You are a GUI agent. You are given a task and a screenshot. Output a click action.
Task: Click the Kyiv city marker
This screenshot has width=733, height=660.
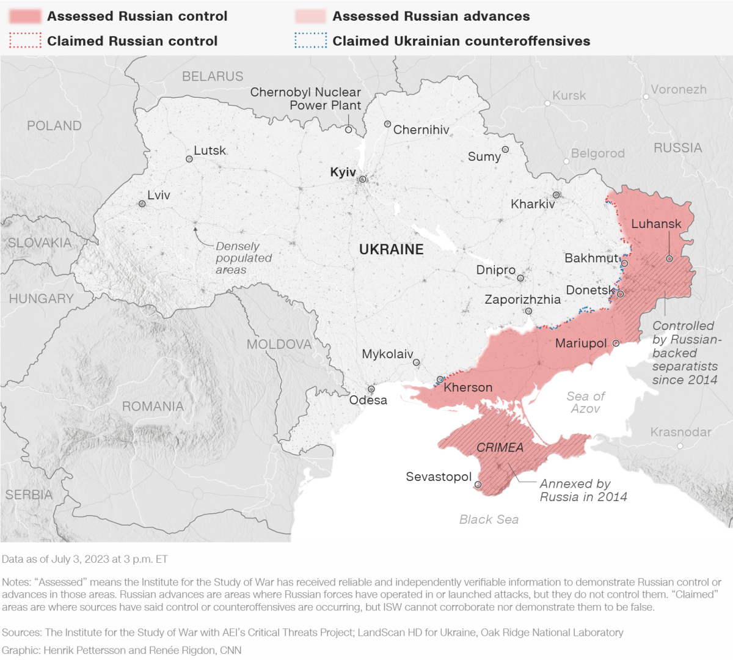tap(363, 179)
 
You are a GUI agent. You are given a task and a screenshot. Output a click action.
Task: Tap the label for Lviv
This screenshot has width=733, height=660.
tap(159, 195)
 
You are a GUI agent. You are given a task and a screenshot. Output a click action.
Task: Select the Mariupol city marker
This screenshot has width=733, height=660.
tap(616, 343)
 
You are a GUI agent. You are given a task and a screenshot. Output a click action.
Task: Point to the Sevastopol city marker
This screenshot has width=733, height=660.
tap(478, 485)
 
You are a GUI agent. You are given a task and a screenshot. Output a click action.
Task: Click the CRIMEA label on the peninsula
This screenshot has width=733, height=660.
tap(500, 448)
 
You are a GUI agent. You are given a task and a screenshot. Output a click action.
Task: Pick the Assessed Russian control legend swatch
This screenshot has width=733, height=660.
tap(25, 16)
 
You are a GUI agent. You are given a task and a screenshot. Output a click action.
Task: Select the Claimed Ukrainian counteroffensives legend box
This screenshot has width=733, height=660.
tap(310, 41)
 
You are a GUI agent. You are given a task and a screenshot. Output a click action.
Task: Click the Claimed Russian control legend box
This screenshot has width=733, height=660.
tap(25, 41)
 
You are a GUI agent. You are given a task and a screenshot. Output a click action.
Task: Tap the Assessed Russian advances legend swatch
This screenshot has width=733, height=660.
tap(310, 16)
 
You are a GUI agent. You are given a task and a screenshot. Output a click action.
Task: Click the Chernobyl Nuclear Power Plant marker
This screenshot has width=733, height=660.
tap(348, 130)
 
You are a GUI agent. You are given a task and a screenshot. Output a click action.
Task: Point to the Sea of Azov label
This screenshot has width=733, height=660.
tap(585, 402)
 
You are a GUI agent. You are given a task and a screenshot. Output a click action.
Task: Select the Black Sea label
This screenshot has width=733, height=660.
tap(489, 519)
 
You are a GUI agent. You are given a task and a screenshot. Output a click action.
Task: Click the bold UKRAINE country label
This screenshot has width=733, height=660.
tap(391, 249)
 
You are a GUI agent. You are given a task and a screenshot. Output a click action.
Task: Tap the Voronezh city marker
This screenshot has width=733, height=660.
tap(646, 97)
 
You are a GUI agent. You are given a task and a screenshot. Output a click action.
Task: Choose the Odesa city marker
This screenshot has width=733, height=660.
tap(371, 389)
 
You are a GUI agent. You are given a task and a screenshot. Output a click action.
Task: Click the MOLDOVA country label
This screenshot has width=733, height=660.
tap(279, 344)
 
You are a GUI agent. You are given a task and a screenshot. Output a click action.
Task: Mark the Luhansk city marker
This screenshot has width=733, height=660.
tap(669, 259)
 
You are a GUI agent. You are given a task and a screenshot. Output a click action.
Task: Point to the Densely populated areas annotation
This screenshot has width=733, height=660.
tap(243, 258)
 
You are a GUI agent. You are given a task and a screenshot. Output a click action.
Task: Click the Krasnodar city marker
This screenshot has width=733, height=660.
tap(680, 446)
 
